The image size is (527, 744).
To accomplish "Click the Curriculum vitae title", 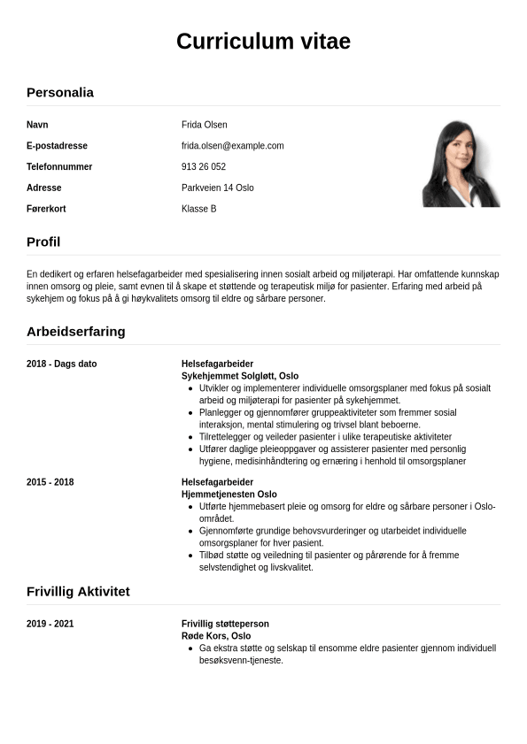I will (x=263, y=41).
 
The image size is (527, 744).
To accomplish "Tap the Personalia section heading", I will (x=60, y=92).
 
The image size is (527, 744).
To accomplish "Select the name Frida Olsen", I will (x=204, y=125).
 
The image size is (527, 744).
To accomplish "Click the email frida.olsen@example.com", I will (x=232, y=146).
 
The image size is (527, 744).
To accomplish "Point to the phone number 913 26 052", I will (x=204, y=167).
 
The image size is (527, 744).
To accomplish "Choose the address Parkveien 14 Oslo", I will (x=218, y=188).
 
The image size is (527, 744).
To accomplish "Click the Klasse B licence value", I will (x=199, y=209).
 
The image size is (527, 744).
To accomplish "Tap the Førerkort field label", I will (x=46, y=209).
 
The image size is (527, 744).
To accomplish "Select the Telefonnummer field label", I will (x=59, y=167).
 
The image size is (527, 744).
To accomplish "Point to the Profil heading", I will (x=43, y=242).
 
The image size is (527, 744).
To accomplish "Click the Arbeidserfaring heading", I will (x=76, y=332).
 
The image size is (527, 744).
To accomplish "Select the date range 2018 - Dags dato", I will (x=62, y=364).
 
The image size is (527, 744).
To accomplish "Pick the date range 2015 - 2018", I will (x=50, y=482).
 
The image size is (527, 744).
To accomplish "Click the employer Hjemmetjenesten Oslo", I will (x=229, y=495).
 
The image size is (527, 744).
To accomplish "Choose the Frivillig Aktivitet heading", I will (x=78, y=591).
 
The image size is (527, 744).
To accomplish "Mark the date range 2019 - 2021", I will (x=50, y=624).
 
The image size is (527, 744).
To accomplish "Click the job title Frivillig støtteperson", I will (x=225, y=624).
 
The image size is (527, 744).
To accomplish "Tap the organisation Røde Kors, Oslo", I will (x=216, y=636).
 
